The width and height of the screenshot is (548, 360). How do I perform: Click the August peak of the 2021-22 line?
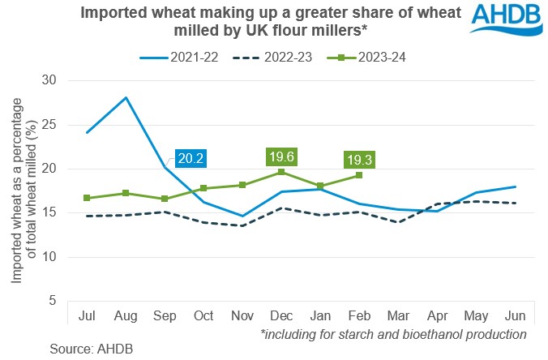(x=126, y=97)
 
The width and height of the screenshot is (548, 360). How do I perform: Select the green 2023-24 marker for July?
(x=87, y=198)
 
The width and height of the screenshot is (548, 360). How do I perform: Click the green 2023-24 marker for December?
(x=280, y=172)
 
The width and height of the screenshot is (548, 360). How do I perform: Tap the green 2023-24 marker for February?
(x=359, y=175)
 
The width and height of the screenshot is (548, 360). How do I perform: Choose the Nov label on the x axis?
(x=242, y=315)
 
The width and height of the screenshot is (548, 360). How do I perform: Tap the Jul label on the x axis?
(x=87, y=315)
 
